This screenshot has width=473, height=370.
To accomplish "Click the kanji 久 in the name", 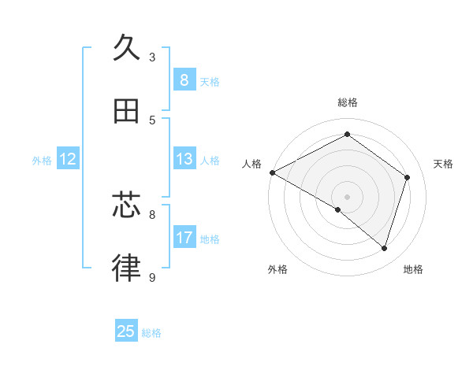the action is (126, 48).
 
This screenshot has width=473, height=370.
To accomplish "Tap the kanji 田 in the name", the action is (126, 112).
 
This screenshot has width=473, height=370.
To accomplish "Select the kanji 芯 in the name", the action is (126, 206).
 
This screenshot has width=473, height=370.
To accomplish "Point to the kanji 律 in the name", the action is (126, 269).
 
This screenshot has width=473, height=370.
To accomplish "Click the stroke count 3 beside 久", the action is (152, 57).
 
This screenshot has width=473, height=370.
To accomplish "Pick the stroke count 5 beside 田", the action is (152, 120).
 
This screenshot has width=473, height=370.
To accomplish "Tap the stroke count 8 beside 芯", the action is (152, 214).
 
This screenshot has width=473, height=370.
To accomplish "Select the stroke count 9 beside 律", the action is (152, 277).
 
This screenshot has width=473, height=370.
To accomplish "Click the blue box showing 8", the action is (184, 80).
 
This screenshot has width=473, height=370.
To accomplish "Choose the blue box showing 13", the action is (184, 159).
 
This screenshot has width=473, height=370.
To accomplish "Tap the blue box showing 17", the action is (184, 237).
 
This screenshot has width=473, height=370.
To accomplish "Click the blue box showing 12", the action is (68, 159).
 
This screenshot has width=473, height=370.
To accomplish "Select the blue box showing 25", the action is (126, 331).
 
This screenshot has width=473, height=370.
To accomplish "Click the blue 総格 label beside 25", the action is (151, 333).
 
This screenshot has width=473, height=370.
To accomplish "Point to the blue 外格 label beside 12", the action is (42, 161).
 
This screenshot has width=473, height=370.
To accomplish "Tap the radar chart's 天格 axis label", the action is (444, 164).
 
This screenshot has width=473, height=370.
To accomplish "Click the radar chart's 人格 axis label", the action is (251, 164).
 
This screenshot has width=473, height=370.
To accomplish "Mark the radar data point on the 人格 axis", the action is (272, 172).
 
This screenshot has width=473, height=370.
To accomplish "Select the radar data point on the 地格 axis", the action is (384, 248).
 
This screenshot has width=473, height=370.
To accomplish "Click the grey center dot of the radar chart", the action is (347, 196).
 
